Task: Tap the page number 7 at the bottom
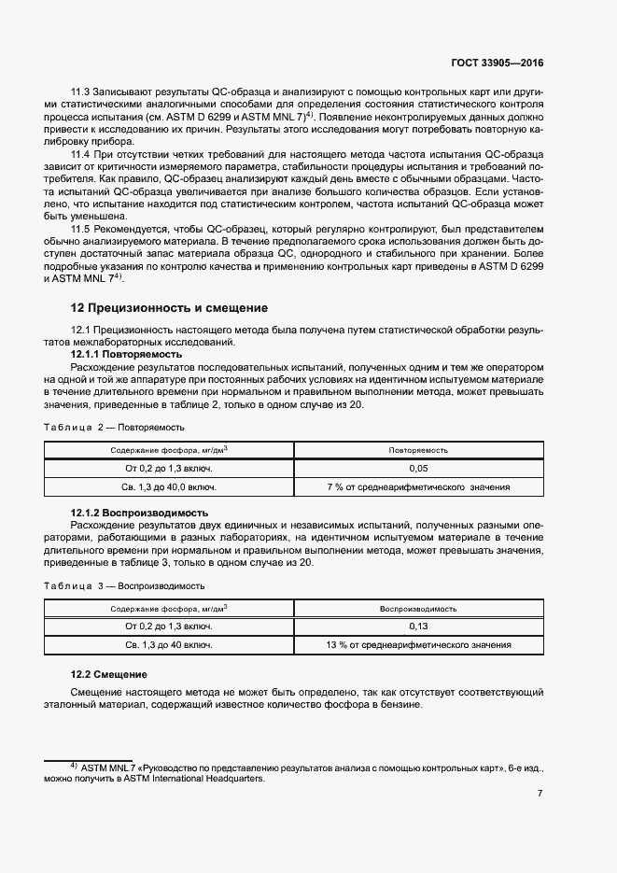pyautogui.click(x=540, y=794)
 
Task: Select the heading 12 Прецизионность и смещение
pyautogui.click(x=170, y=307)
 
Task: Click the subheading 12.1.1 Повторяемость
pyautogui.click(x=127, y=355)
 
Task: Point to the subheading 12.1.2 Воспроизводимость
pyautogui.click(x=139, y=514)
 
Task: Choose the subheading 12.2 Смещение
pyautogui.click(x=110, y=674)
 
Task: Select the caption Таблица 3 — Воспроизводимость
pyautogui.click(x=124, y=585)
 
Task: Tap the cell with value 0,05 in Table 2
pyautogui.click(x=418, y=468)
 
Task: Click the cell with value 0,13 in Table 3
pyautogui.click(x=418, y=627)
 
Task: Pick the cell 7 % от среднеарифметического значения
pyautogui.click(x=418, y=487)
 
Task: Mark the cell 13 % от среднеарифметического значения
pyautogui.click(x=418, y=645)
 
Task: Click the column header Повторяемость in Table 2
pyautogui.click(x=418, y=450)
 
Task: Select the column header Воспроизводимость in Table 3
pyautogui.click(x=418, y=609)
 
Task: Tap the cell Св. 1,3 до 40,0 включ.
pyautogui.click(x=170, y=487)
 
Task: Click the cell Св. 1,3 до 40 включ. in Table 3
pyautogui.click(x=170, y=645)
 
